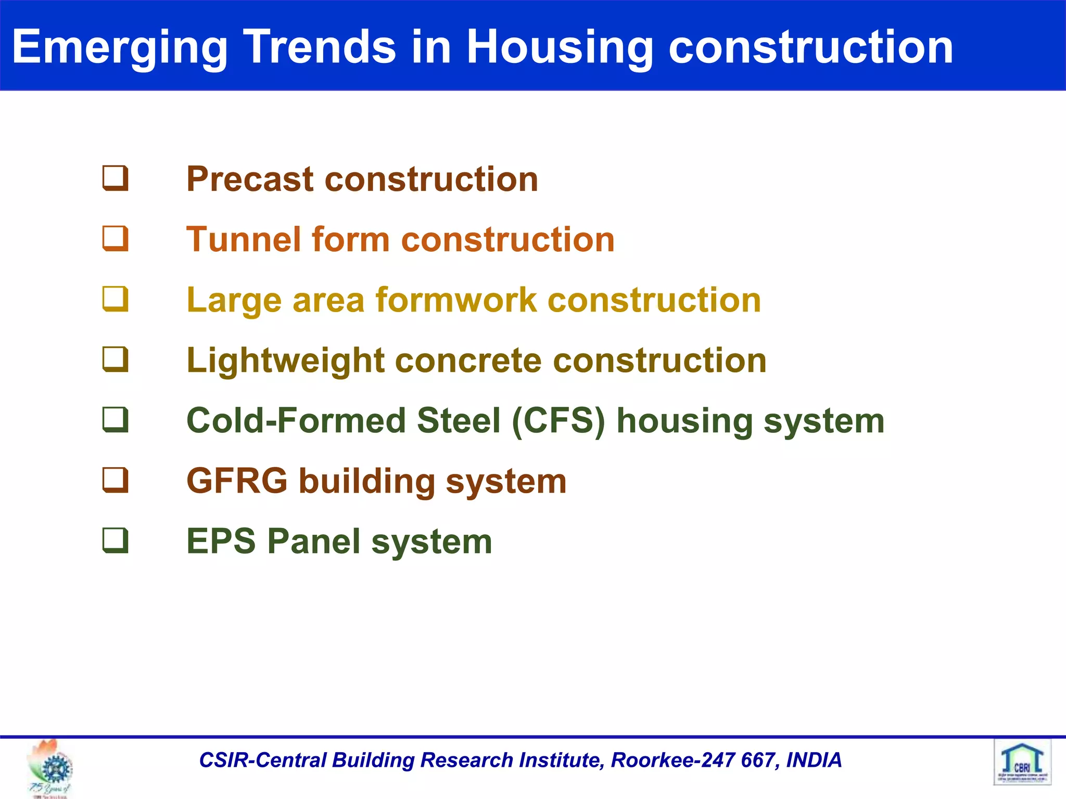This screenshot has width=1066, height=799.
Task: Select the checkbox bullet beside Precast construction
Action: point(115,178)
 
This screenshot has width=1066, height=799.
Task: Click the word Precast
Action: point(250,179)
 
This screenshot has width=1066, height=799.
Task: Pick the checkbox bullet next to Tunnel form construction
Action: point(115,239)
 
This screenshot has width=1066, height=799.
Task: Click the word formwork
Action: point(455,300)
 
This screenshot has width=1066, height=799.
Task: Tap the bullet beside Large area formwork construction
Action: point(115,299)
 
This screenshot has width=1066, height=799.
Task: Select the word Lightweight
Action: point(285,360)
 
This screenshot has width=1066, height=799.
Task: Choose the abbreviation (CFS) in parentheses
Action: point(559,421)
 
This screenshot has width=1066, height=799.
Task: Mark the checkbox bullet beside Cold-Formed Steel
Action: point(115,420)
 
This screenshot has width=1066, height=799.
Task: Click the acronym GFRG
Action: point(237,481)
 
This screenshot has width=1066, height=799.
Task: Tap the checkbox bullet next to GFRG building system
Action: point(115,480)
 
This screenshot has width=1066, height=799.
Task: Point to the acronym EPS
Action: point(221,541)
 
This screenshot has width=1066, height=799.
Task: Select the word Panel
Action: point(313,541)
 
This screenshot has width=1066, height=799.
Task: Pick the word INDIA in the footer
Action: point(814,760)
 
